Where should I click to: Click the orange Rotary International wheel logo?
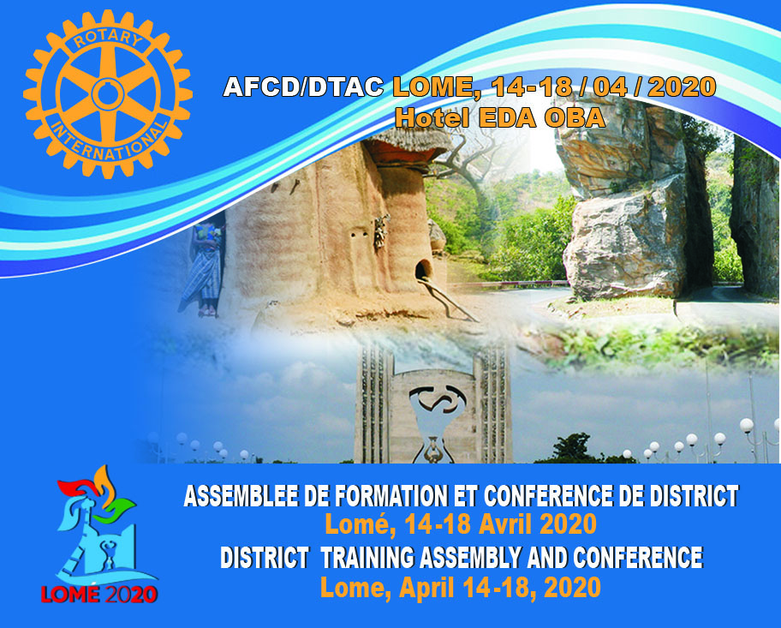pos(108,94)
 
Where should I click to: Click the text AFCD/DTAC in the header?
pos(303,87)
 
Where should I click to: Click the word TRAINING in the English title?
pos(367,557)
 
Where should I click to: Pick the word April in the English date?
pos(426,587)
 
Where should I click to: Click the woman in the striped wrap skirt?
pos(204,270)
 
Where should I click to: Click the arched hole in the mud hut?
pos(423,271)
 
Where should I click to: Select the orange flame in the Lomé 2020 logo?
pos(104,483)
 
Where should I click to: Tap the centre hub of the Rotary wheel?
pos(108,94)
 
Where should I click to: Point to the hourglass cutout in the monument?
pos(435,418)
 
